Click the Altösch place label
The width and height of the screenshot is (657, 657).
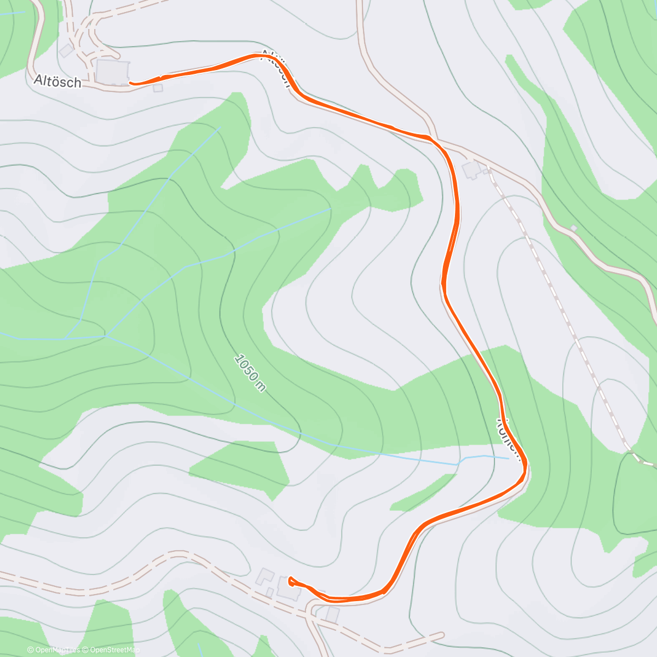point(57,82)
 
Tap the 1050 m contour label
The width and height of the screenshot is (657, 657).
point(250,373)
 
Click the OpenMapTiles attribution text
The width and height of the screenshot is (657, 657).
point(54,650)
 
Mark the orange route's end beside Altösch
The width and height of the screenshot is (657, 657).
point(131,83)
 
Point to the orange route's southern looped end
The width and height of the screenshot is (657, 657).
point(290,580)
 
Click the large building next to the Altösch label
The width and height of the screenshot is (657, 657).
point(112,72)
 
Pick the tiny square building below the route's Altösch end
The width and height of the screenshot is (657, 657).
point(158,88)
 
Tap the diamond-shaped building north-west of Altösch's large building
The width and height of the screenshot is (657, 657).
point(66,51)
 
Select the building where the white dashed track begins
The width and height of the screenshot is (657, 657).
point(471,170)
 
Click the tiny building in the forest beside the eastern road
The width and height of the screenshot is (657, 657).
point(573,228)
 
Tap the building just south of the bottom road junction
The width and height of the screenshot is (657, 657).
point(332,614)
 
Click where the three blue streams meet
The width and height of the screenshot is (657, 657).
point(106,336)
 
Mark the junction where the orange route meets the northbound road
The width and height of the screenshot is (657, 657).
point(433,138)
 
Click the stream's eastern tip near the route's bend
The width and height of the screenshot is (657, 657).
point(508,458)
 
